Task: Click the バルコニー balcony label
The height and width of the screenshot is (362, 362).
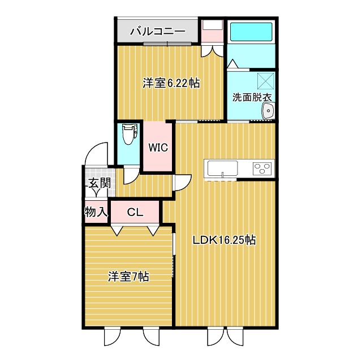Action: click(158, 31)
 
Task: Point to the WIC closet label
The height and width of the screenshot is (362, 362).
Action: click(158, 148)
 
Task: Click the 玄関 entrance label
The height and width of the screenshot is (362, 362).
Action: click(98, 183)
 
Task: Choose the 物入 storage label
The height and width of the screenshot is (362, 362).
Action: click(96, 212)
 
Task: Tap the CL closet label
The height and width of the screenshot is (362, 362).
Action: click(135, 213)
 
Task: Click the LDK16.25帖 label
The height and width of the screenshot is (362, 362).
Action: click(225, 240)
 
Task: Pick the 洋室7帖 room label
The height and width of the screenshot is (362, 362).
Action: click(128, 277)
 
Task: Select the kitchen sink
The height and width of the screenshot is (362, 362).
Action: click(222, 168)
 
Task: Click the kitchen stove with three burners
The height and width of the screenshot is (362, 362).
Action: click(262, 168)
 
